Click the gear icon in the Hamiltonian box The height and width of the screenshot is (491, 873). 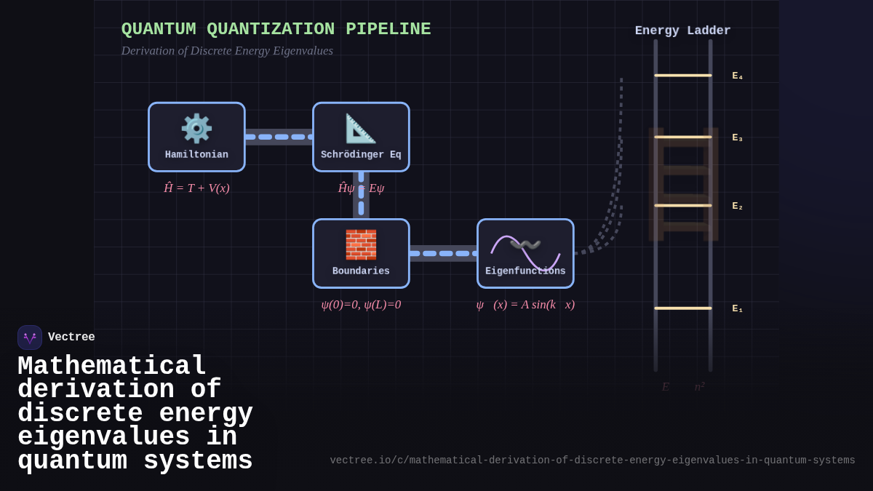click(196, 129)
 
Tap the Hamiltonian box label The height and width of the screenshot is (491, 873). click(196, 155)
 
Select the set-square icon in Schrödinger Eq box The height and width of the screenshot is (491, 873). click(361, 129)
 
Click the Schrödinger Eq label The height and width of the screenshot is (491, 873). click(361, 155)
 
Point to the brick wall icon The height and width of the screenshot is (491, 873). click(361, 245)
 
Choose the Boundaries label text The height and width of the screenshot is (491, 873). click(361, 271)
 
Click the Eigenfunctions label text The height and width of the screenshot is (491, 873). click(525, 271)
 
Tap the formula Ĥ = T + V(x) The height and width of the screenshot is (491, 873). click(196, 188)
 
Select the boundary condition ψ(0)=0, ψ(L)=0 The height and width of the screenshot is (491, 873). click(361, 305)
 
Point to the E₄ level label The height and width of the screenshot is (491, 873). click(737, 76)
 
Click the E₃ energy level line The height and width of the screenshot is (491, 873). click(682, 137)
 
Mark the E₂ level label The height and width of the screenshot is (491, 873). click(737, 207)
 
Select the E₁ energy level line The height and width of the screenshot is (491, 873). click(682, 308)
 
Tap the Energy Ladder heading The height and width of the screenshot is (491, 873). click(682, 31)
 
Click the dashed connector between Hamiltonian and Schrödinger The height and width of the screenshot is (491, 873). click(279, 137)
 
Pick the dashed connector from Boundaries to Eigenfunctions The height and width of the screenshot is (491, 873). click(443, 253)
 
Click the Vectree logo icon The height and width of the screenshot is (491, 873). click(30, 338)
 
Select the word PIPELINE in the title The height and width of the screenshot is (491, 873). click(388, 30)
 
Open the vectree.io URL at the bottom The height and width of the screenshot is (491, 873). click(592, 460)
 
